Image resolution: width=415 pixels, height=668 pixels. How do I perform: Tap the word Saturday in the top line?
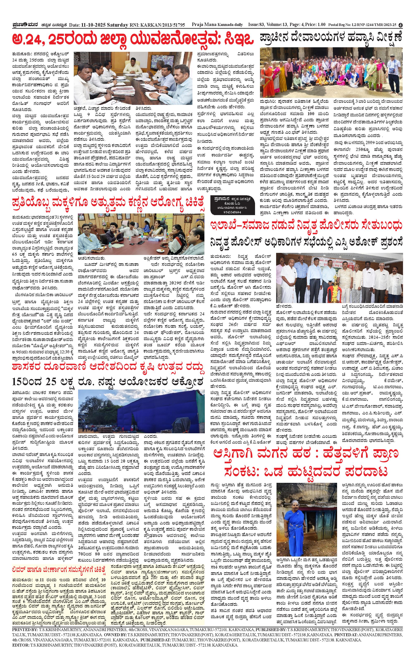pyautogui.click(x=117, y=25)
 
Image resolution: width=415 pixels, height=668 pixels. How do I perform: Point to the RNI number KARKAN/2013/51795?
pyautogui.click(x=162, y=25)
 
